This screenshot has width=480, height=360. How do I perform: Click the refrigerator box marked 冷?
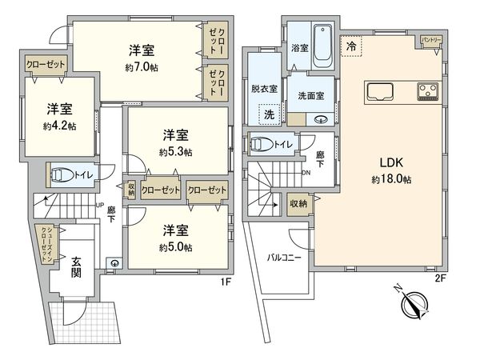point(351,47)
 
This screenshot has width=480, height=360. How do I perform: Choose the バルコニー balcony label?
point(283,258)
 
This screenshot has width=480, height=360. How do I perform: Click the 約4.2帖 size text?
point(60,126)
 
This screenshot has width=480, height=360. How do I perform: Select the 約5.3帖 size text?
point(176,151)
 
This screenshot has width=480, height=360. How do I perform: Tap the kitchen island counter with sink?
point(388,91)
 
